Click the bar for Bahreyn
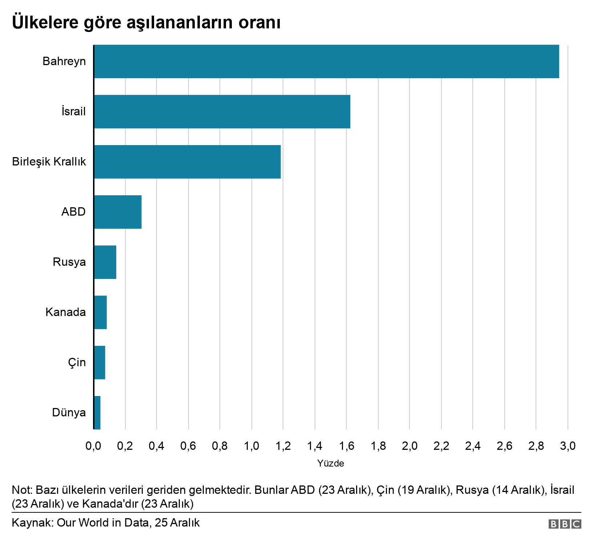[x=326, y=61]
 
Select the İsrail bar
[x=222, y=112]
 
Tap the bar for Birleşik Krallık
[x=187, y=162]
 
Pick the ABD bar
[x=118, y=212]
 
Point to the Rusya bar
[x=105, y=262]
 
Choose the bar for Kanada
[x=100, y=312]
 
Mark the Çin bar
[x=100, y=363]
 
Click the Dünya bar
[x=97, y=413]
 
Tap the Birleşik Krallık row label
[x=49, y=161]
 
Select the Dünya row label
[x=69, y=412]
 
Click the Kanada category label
[x=66, y=312]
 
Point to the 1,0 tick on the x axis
[x=251, y=446]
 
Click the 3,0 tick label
[x=568, y=446]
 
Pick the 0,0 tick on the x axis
[x=93, y=446]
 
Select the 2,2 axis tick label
[x=441, y=446]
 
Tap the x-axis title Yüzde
[x=330, y=464]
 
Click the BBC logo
[x=565, y=524]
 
